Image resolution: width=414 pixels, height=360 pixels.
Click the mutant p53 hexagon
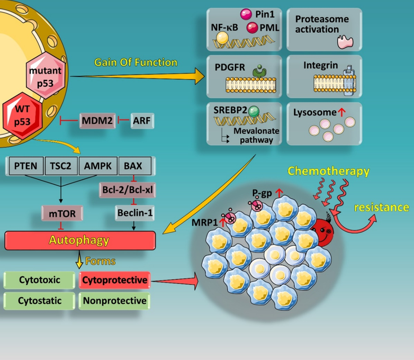pyautogui.click(x=46, y=76)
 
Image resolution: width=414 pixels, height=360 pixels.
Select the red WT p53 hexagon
pyautogui.click(x=22, y=116)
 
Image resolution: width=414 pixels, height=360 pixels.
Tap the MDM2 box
pyautogui.click(x=97, y=121)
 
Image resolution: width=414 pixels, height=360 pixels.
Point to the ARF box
pyautogui.click(x=142, y=121)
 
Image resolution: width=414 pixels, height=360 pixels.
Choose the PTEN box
pyautogui.click(x=26, y=166)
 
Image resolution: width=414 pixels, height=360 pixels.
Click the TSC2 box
pyautogui.click(x=61, y=166)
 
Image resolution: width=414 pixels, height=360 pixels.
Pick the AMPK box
pyautogui.click(x=98, y=166)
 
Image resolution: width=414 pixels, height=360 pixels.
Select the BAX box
pyautogui.click(x=134, y=166)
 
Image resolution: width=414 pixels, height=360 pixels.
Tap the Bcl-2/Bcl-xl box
pyautogui.click(x=127, y=190)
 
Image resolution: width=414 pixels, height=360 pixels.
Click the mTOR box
pyautogui.click(x=62, y=213)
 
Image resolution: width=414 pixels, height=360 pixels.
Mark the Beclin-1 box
pyautogui.click(x=134, y=213)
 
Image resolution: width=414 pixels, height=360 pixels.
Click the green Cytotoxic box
pyautogui.click(x=39, y=280)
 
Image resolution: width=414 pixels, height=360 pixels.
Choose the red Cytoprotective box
pyautogui.click(x=114, y=280)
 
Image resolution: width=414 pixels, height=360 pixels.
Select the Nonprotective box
pyautogui.click(x=114, y=301)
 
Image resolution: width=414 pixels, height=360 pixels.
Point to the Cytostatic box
pyautogui.click(x=39, y=301)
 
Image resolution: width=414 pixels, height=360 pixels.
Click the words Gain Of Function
pyautogui.click(x=136, y=62)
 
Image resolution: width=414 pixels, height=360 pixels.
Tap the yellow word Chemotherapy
pyautogui.click(x=328, y=171)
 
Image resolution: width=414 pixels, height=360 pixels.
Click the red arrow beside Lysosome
pyautogui.click(x=341, y=113)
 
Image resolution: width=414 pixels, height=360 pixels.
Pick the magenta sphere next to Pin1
pyautogui.click(x=246, y=14)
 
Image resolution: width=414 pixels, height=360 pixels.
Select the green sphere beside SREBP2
pyautogui.click(x=254, y=112)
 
